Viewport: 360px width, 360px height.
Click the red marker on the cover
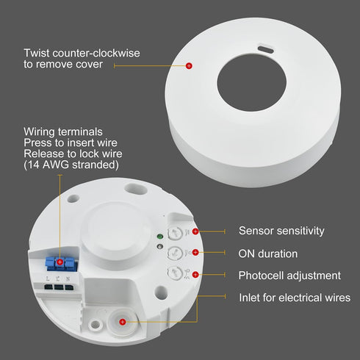(x=189, y=66)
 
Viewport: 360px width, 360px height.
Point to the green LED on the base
(x=160, y=237)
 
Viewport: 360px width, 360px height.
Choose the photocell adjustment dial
(x=176, y=274)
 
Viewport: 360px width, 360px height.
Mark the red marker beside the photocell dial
(x=195, y=276)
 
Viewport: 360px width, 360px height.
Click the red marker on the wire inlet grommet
(x=123, y=322)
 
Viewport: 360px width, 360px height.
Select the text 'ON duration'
(x=268, y=253)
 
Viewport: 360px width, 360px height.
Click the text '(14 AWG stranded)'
(x=71, y=165)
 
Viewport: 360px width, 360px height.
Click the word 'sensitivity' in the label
(x=298, y=231)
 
